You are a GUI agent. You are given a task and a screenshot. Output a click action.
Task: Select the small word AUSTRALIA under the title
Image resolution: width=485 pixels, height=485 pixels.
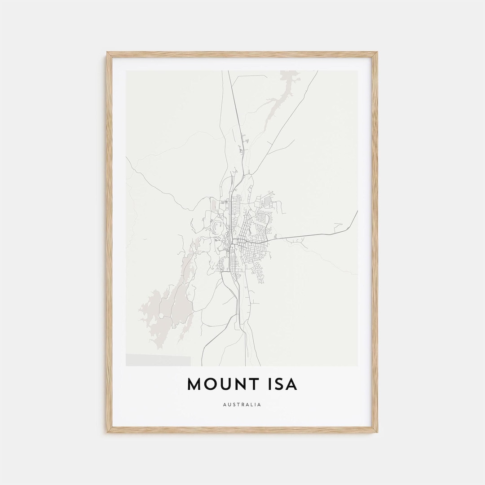242,405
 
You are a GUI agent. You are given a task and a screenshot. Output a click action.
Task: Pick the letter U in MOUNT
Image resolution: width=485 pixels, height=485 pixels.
224,384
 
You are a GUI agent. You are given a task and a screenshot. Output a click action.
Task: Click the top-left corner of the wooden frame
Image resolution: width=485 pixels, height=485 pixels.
108,53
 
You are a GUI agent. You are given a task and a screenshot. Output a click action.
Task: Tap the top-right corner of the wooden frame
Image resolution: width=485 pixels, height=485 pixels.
377,53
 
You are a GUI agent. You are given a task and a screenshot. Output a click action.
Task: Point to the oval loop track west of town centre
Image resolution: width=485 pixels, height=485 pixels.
218,224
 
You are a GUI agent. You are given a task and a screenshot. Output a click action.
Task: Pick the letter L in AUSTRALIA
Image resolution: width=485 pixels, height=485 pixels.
252,405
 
